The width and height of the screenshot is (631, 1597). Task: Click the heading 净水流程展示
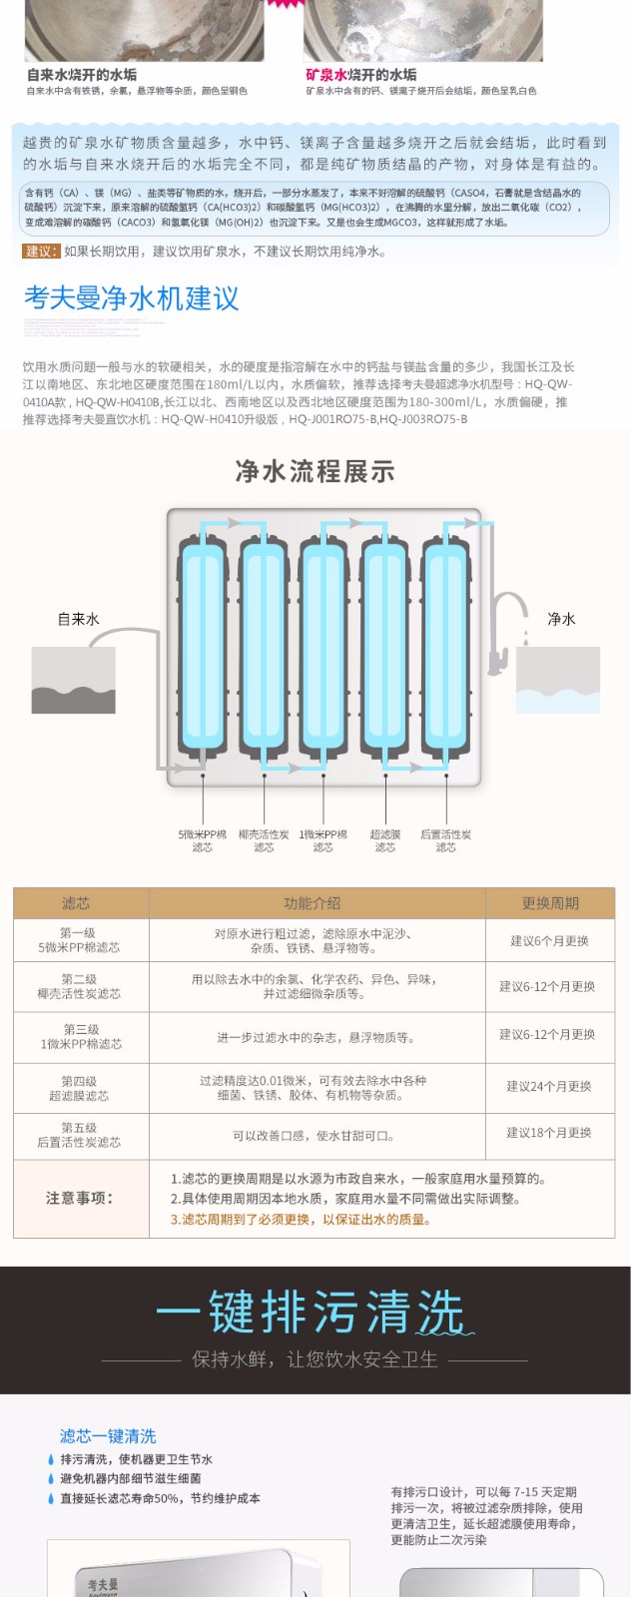315,471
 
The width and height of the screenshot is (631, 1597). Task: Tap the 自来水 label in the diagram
78,619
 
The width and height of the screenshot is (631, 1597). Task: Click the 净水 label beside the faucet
561,619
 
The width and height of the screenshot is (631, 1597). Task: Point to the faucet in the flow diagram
507,629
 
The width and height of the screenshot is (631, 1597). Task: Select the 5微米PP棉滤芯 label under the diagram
203,840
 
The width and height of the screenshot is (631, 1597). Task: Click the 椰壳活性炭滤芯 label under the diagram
264,840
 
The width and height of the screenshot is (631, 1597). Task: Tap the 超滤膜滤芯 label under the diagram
385,840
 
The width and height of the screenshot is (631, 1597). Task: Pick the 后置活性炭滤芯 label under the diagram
445,840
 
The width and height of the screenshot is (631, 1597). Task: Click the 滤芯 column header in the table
76,903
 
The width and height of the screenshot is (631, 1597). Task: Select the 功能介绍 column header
312,903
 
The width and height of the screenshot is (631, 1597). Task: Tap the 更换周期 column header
550,903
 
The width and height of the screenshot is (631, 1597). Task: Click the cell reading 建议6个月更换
550,940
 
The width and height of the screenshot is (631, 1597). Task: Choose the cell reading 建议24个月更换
549,1086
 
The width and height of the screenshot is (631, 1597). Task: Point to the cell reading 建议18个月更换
549,1133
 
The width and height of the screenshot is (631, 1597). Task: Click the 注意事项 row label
80,1198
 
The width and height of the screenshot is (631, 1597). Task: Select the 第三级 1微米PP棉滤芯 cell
80,1036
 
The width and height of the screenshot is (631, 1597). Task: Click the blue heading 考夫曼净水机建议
132,298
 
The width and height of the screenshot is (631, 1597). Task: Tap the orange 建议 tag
42,252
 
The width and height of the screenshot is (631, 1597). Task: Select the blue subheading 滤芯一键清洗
108,1435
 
